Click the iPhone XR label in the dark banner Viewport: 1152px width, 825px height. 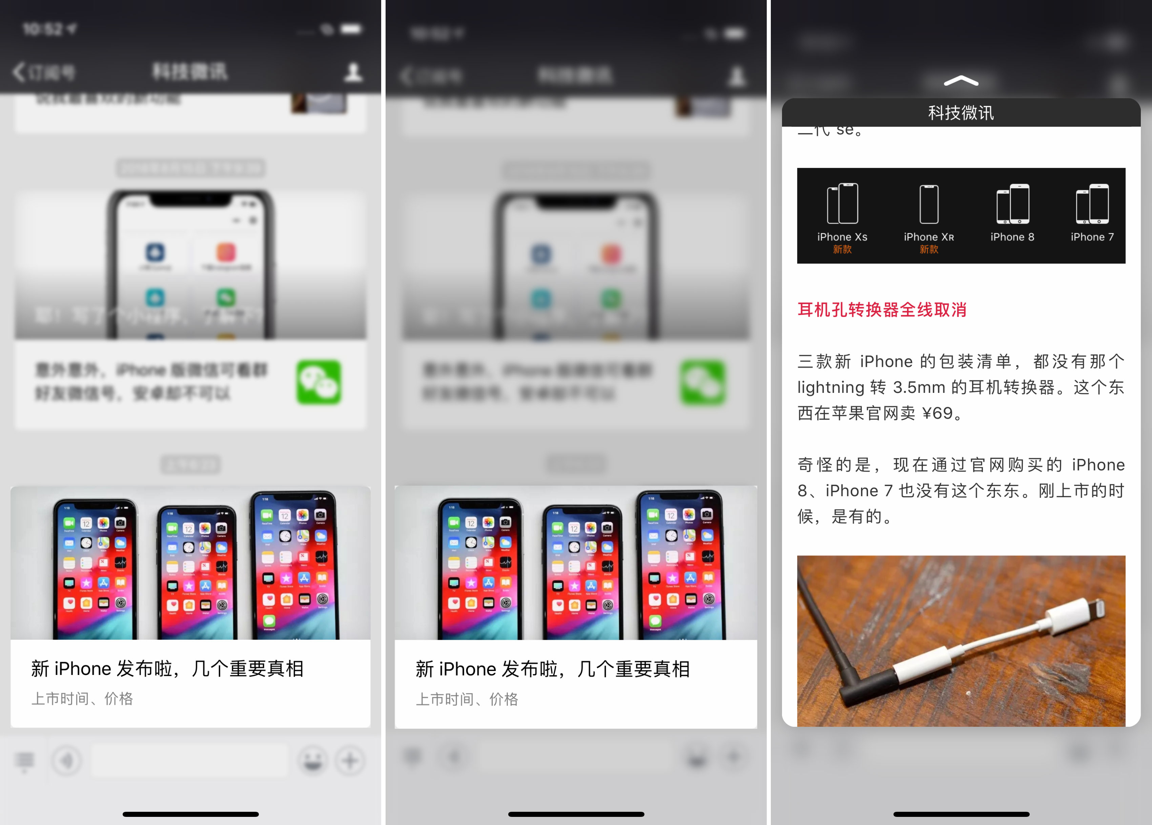[x=928, y=237]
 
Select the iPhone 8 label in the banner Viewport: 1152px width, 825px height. [x=1012, y=237]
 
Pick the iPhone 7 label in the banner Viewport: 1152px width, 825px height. [x=1092, y=237]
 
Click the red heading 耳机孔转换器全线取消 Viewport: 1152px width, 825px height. [x=882, y=310]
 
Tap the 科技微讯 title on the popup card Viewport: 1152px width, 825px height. [x=961, y=113]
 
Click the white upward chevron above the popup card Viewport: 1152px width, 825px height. [x=961, y=81]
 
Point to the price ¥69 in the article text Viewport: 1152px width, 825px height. [x=937, y=413]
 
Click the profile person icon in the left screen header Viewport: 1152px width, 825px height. [x=353, y=72]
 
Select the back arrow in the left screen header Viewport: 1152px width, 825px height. [x=19, y=72]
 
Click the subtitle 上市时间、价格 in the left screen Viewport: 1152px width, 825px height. [x=82, y=699]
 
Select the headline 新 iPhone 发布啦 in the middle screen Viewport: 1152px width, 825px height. [x=553, y=669]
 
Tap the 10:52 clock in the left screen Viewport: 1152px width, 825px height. [x=43, y=29]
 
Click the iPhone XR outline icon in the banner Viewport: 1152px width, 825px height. [x=928, y=204]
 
